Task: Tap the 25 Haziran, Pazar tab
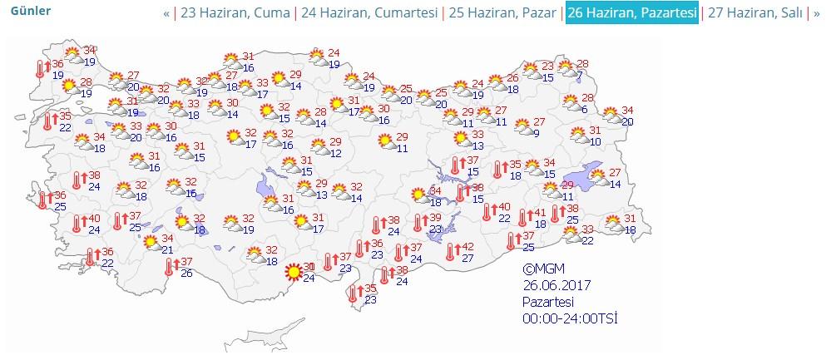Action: (x=503, y=13)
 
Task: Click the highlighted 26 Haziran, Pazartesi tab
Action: (x=631, y=13)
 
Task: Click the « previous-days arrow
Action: (x=166, y=13)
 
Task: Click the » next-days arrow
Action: (x=816, y=13)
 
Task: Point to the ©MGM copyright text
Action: (x=544, y=269)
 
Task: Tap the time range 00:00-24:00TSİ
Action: (x=570, y=318)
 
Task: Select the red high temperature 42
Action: (x=467, y=247)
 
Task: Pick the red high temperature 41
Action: (x=540, y=212)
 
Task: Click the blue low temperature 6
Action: (x=584, y=110)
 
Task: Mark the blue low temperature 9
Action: (x=537, y=133)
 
